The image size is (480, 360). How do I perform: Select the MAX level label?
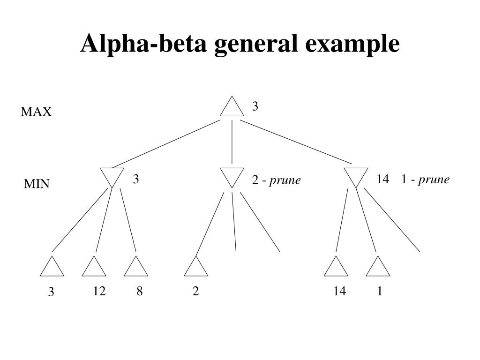(36, 112)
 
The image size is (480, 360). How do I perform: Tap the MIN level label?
(37, 184)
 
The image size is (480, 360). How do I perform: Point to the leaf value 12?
(99, 291)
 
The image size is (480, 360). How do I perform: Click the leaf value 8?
(140, 291)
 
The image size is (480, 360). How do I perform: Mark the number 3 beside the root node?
(255, 106)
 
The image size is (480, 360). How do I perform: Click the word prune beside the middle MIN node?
(285, 180)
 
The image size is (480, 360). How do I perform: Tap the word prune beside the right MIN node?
(434, 180)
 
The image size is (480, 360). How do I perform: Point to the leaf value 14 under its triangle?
(339, 291)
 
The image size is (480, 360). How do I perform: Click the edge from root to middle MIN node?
(232, 142)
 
